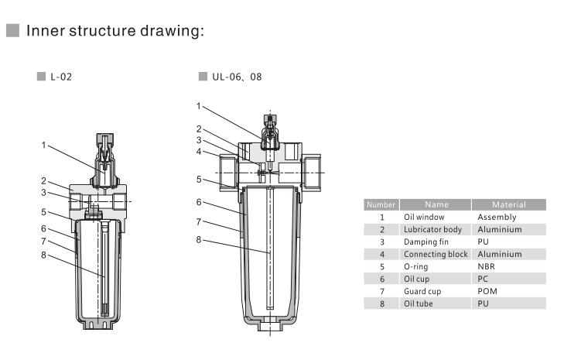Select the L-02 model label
point(62,77)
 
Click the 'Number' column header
point(381,205)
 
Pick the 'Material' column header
point(508,205)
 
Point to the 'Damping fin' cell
point(426,242)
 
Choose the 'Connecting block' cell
point(435,254)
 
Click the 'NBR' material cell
point(487,266)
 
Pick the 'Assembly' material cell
point(497,218)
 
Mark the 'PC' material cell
point(484,279)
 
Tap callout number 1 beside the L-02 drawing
point(44,145)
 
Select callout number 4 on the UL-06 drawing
point(199,151)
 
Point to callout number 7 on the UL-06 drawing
point(199,221)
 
